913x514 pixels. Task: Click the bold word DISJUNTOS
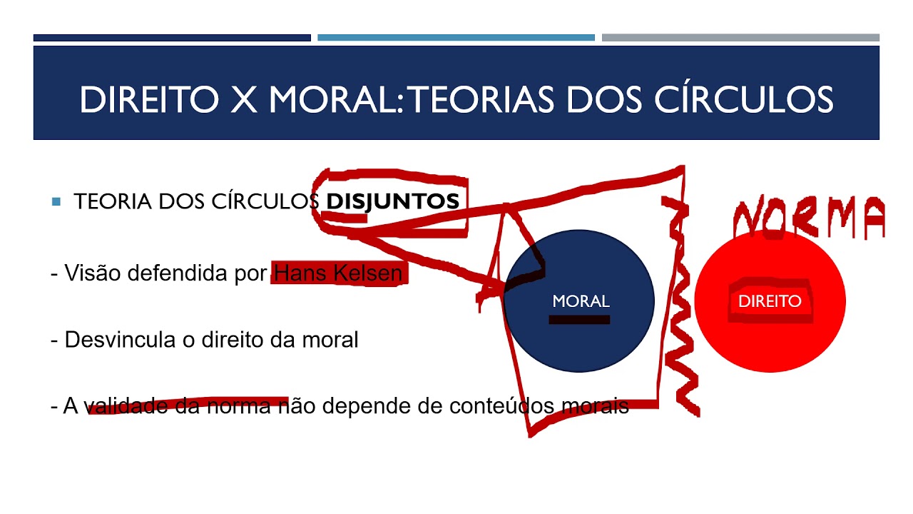coord(392,201)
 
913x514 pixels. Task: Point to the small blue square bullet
coord(56,201)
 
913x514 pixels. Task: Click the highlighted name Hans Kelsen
coord(338,273)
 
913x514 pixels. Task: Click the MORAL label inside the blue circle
coord(581,301)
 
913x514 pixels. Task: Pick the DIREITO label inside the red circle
coord(770,301)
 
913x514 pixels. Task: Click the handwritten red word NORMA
coord(810,218)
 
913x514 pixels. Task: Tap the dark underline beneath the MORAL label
coord(579,320)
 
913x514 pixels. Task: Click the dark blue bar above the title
coord(172,38)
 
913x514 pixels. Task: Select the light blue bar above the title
coord(456,38)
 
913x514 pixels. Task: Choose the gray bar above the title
coord(740,38)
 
